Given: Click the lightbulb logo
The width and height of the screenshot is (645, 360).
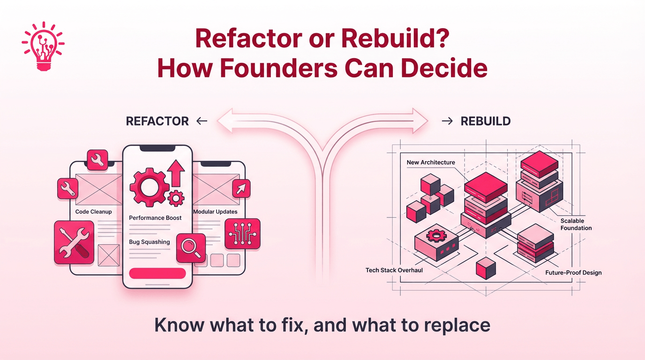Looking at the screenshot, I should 43,46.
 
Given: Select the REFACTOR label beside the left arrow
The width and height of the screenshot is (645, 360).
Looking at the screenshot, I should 157,121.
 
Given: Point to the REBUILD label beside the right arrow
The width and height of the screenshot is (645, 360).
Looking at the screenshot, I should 485,121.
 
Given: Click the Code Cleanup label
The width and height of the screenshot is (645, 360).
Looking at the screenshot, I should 94,212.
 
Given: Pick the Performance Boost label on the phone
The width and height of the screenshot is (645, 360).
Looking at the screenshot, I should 155,218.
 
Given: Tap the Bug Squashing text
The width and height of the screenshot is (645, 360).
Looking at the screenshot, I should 149,242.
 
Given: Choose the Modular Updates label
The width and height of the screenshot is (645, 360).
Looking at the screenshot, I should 216,212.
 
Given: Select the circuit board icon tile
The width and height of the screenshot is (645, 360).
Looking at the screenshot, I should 242,233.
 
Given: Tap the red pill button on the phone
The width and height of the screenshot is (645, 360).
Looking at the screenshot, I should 157,273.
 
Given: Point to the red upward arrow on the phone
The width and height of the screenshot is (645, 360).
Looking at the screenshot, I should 176,173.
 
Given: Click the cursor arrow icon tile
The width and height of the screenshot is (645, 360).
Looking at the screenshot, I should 241,188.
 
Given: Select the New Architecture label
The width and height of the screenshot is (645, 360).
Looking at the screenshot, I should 431,163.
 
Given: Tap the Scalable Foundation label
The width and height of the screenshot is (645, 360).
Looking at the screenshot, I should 576,225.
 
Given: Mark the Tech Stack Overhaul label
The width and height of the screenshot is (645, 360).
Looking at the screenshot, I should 394,270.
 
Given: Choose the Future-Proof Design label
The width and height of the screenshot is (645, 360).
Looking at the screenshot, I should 573,273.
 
